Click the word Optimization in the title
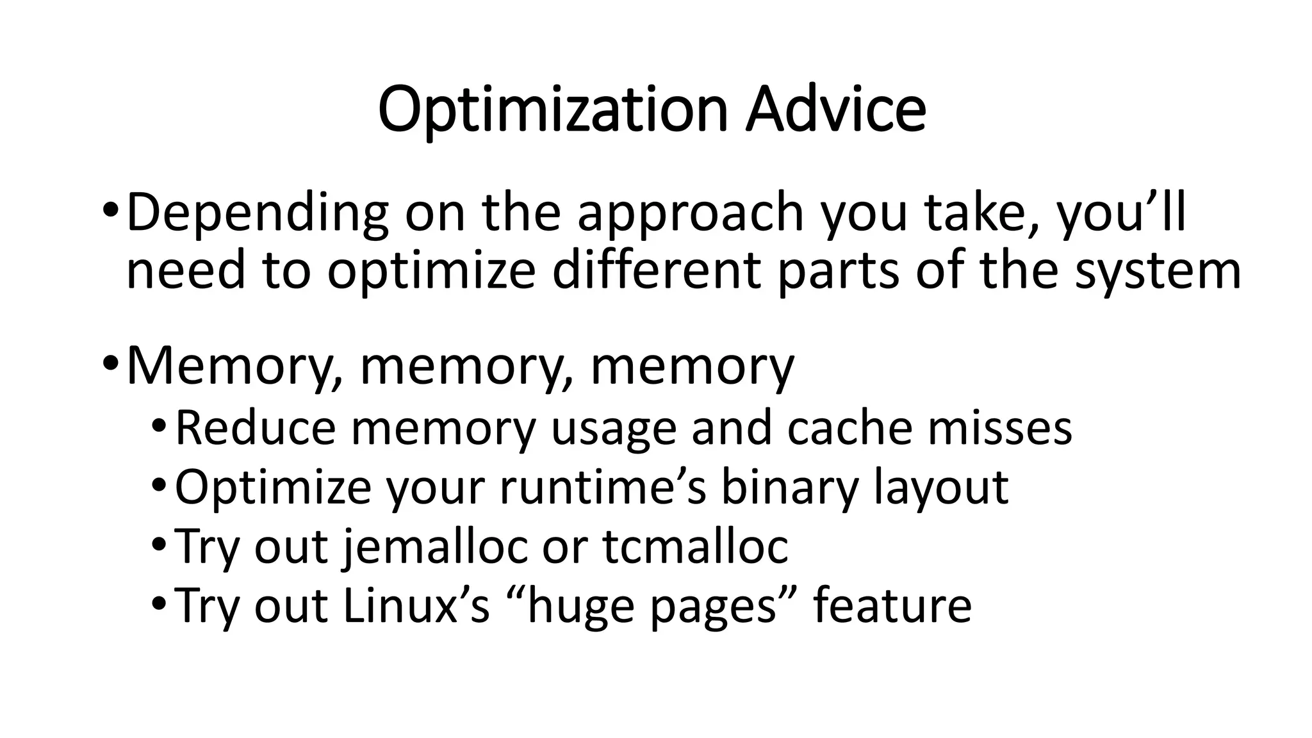(552, 110)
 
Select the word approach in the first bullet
(690, 214)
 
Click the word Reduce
(255, 428)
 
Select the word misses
(1000, 428)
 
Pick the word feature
(892, 605)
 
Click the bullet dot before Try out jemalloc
(160, 546)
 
